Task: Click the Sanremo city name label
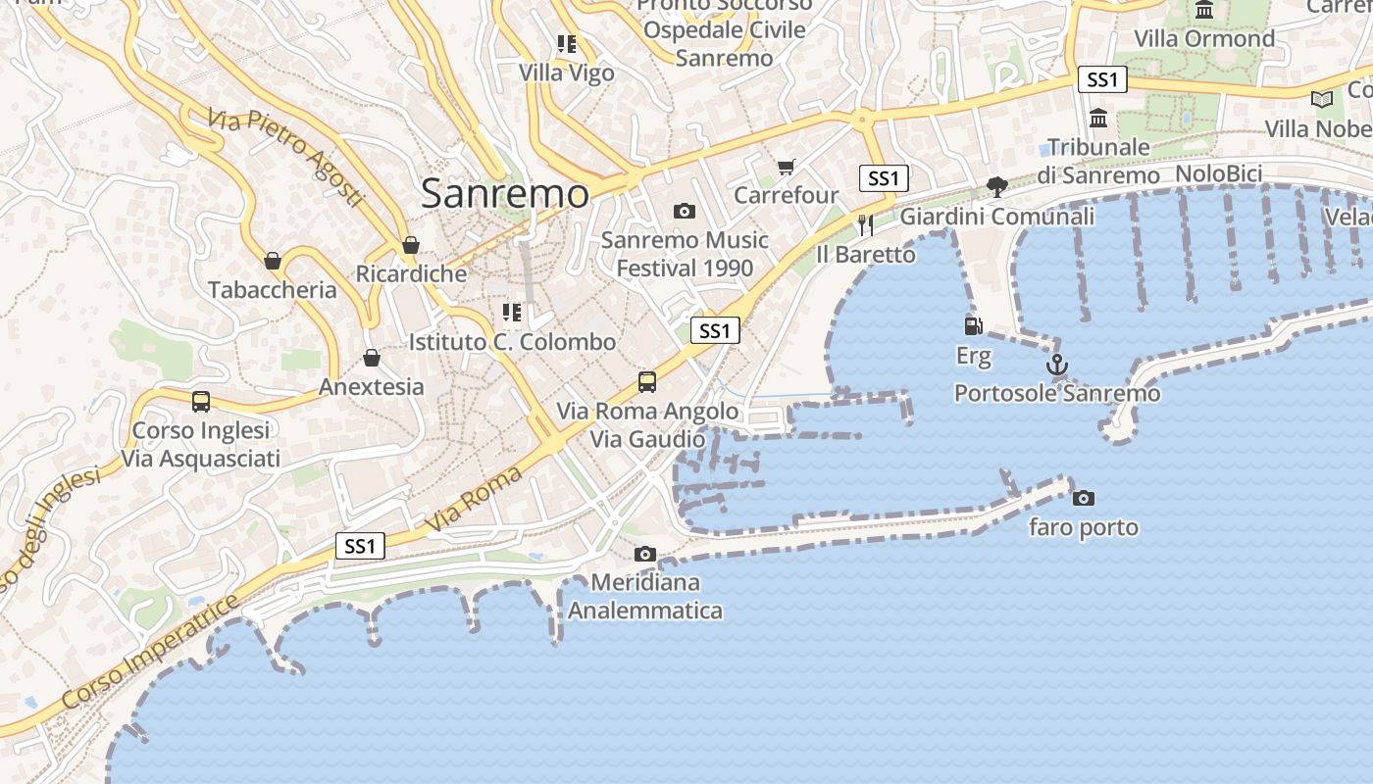(505, 193)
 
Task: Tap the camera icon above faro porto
(1084, 498)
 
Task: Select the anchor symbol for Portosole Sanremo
(1056, 366)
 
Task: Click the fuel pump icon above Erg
(973, 325)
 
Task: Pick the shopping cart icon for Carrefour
(786, 167)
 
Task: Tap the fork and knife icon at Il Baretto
(865, 225)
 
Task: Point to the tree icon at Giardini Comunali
(996, 186)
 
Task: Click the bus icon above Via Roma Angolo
(647, 381)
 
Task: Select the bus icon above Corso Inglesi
(201, 401)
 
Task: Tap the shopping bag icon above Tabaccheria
(273, 261)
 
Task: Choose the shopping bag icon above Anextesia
(371, 358)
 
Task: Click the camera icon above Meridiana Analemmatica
(644, 554)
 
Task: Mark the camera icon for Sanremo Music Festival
(685, 211)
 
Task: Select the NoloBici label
(1218, 173)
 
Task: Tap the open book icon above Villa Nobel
(1322, 99)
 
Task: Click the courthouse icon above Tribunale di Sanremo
(1098, 118)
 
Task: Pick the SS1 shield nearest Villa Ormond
(1102, 79)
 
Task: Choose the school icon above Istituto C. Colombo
(511, 313)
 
